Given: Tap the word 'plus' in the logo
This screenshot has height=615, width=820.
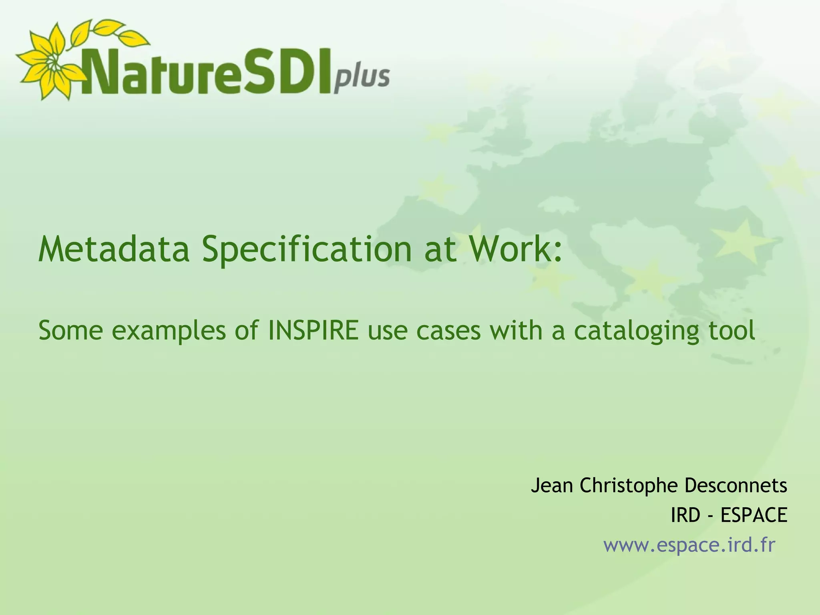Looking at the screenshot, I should click(362, 78).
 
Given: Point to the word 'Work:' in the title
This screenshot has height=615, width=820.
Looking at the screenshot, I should click(516, 249).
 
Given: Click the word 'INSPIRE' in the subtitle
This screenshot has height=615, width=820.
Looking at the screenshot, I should click(313, 331).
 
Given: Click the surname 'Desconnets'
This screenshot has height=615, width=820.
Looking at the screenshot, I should click(736, 485).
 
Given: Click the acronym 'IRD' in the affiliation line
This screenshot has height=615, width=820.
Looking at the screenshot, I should click(685, 515).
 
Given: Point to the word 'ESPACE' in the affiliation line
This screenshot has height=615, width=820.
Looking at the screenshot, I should click(754, 515).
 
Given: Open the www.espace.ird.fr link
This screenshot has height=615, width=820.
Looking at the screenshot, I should click(689, 545).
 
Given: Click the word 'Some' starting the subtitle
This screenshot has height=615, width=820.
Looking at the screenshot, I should click(70, 331).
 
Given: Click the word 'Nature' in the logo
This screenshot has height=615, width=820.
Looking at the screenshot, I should click(160, 72).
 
